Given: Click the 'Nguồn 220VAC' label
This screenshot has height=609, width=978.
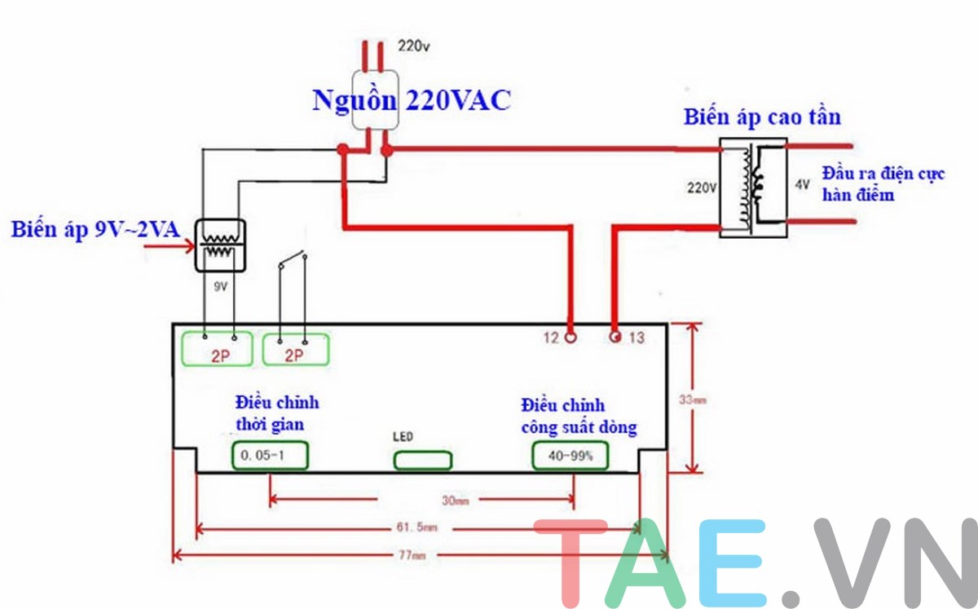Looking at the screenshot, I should [x=411, y=100].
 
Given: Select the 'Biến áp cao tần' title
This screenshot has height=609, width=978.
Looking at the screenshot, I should [x=761, y=117].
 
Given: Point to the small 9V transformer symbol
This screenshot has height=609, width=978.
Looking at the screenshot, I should [x=218, y=245].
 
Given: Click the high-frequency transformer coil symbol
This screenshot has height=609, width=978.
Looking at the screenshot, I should [x=753, y=190].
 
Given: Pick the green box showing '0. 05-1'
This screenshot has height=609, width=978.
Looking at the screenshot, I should [x=270, y=457].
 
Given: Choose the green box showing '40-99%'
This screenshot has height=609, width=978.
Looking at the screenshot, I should [x=571, y=457].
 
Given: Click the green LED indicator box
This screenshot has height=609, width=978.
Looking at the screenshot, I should [x=416, y=461].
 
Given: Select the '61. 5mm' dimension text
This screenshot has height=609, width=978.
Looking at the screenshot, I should [x=419, y=528].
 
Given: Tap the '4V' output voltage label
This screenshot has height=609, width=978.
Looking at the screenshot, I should [x=802, y=185].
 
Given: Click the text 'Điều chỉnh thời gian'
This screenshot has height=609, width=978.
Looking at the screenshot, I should [x=277, y=413].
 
